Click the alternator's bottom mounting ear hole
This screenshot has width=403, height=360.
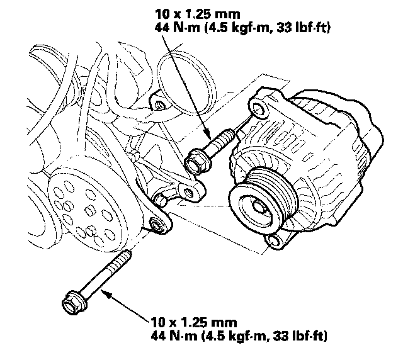(x=273, y=240)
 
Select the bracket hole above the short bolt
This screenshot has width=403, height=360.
(x=158, y=103)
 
